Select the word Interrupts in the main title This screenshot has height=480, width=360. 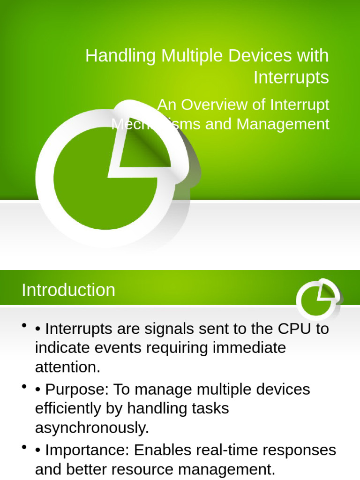coord(291,77)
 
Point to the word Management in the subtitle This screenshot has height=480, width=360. coord(283,124)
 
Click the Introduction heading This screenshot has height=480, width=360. coord(68,290)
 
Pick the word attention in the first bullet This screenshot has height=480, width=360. coord(67,367)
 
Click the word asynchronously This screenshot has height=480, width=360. coord(92,427)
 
